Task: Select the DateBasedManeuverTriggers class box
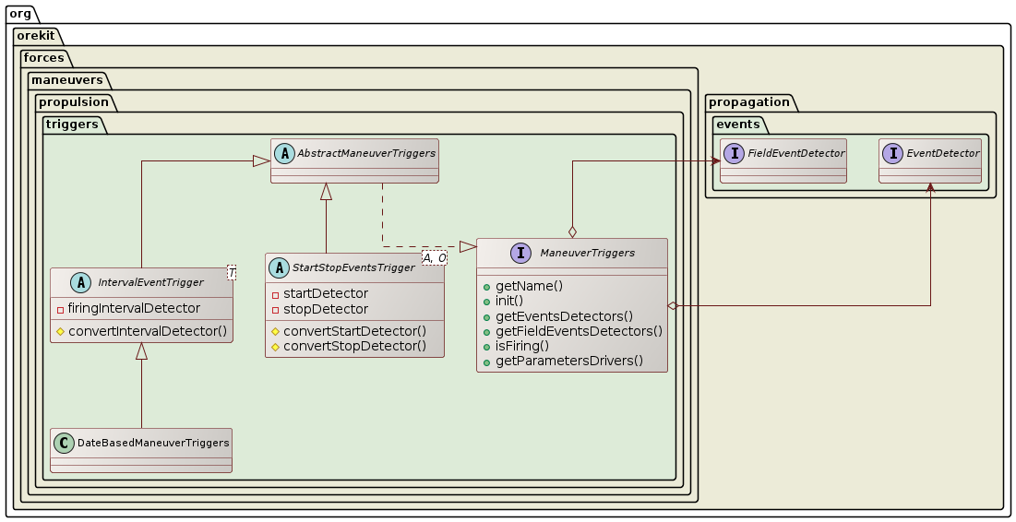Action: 141,450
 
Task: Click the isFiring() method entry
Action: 522,346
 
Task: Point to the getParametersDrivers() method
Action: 569,361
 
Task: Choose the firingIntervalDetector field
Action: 134,308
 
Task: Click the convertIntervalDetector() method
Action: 147,330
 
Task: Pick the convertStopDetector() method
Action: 354,346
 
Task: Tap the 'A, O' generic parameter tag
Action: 434,257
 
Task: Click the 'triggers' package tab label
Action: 75,125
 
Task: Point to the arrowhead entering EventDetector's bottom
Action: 930,188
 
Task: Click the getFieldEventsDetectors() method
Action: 579,331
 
